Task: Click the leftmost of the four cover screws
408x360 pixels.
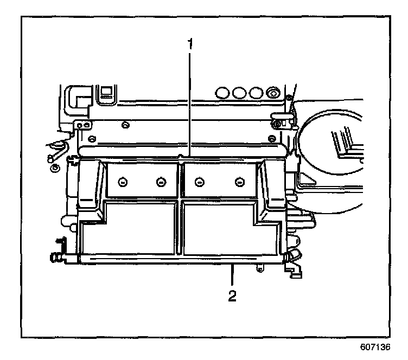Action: point(124,181)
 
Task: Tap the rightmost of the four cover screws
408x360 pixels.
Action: point(239,181)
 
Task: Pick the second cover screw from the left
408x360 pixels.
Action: point(160,181)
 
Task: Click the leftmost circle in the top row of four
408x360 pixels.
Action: point(222,92)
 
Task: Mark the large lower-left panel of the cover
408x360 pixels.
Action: point(130,228)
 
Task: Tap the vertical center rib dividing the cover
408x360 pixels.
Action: point(181,206)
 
